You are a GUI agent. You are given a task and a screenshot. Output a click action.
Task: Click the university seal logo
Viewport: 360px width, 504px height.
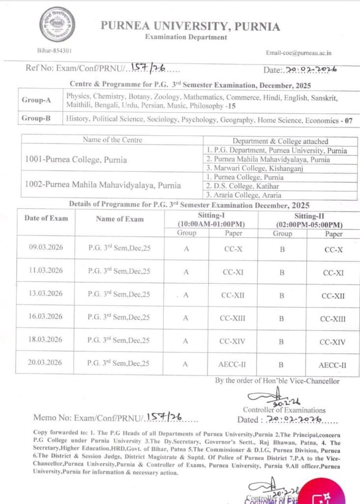click(x=57, y=24)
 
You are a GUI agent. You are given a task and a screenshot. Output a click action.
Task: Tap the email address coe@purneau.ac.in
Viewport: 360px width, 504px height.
click(x=299, y=53)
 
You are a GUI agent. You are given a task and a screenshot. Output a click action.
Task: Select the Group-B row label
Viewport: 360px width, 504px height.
click(x=36, y=119)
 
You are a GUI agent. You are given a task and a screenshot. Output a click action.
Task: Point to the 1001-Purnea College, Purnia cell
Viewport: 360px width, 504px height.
click(x=76, y=159)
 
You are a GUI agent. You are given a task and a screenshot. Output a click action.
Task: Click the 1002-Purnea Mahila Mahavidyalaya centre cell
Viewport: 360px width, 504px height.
click(x=103, y=186)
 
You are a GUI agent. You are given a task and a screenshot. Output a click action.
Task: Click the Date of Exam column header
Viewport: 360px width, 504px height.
click(x=46, y=218)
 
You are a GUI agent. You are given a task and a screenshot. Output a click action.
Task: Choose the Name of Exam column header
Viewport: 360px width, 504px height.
click(x=120, y=219)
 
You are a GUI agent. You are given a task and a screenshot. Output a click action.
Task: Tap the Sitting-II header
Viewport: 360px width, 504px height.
click(x=309, y=220)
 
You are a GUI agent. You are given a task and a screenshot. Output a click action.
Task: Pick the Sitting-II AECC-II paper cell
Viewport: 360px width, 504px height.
click(x=333, y=365)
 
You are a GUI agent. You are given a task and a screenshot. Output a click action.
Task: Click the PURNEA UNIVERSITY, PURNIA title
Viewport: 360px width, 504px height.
click(x=190, y=26)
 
